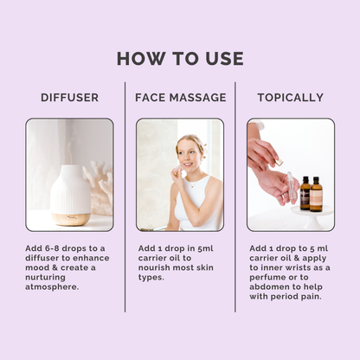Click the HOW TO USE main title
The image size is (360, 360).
click(180, 59)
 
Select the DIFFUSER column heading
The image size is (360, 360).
click(69, 97)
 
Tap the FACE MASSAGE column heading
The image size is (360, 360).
click(180, 97)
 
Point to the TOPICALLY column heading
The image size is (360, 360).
click(291, 97)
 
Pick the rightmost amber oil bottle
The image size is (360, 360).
click(316, 195)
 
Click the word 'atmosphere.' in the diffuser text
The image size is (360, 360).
click(53, 286)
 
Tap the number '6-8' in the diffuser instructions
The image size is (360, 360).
click(56, 247)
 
